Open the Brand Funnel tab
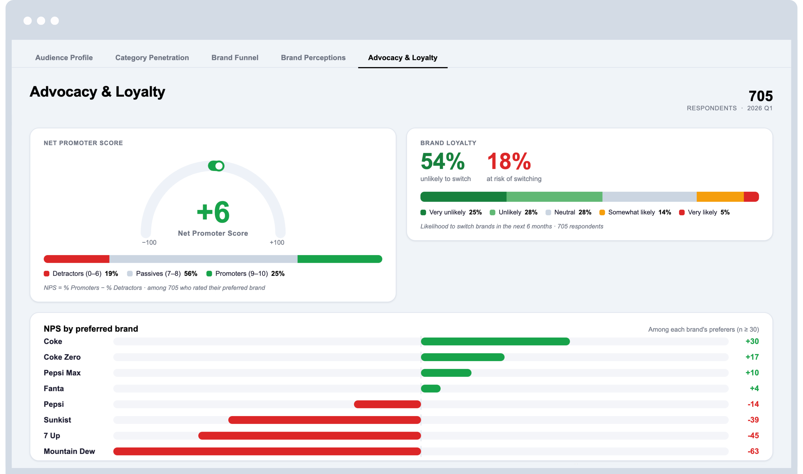tap(235, 57)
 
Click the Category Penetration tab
tap(152, 58)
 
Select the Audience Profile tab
tap(64, 57)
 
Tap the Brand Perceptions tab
tap(313, 58)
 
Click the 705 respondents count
tap(760, 96)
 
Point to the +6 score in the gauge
tap(213, 212)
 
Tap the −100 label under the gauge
tap(149, 242)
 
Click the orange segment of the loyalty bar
tap(720, 197)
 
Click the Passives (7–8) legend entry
tap(162, 274)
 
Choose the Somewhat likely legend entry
tap(635, 212)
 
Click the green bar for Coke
tap(495, 342)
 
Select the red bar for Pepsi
tap(387, 404)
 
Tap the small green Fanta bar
tap(430, 389)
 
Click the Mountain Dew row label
tap(69, 451)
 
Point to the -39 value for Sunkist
tap(753, 420)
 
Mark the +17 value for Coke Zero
tap(752, 357)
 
